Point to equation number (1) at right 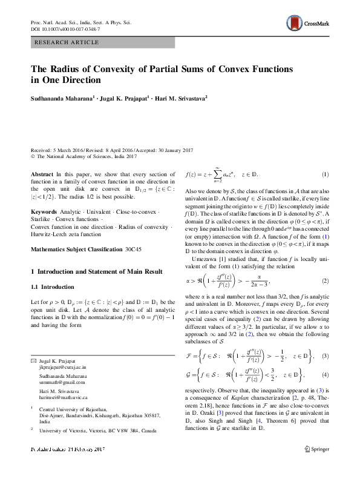(326, 174)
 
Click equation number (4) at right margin (326, 375)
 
